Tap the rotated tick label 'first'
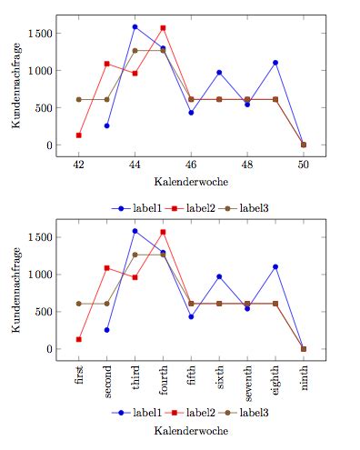tap(80, 377)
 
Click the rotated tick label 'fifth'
tap(192, 378)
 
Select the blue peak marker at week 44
tap(135, 27)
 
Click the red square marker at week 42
tap(79, 135)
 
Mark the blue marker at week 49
tap(275, 63)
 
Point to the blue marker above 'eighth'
tap(275, 266)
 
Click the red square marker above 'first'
tap(79, 339)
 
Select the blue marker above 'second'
tap(107, 330)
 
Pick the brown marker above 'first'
tap(79, 304)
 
